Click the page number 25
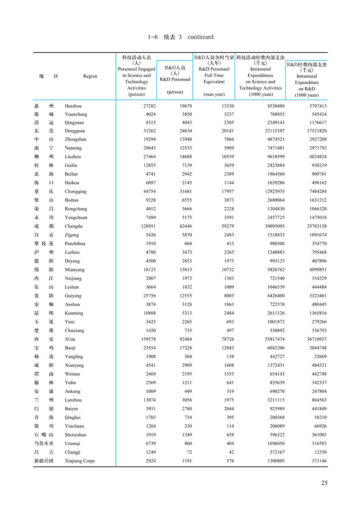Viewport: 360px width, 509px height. tap(324, 483)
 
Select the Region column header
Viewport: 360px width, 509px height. tap(90, 76)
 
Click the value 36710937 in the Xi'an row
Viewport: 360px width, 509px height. tap(315, 339)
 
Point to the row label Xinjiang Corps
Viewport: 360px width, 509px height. tap(80, 461)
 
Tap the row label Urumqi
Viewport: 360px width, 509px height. tap(72, 443)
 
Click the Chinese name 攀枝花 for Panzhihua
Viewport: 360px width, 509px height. tap(44, 243)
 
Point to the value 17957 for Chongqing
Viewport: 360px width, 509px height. tap(216, 192)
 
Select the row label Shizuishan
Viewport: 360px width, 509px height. tap(75, 435)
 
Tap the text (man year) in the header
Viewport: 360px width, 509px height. tap(214, 95)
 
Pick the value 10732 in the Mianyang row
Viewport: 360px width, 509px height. tap(216, 270)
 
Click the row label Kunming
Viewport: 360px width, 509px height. tap(73, 313)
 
